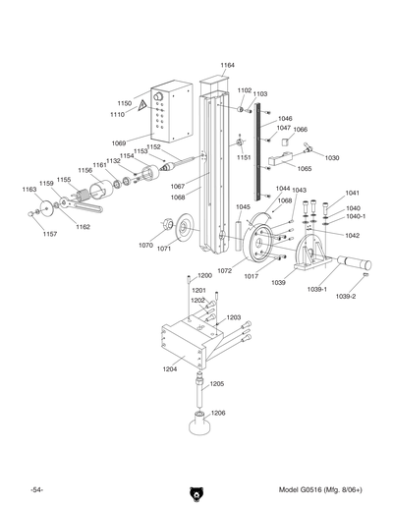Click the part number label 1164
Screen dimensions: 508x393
[x=227, y=65]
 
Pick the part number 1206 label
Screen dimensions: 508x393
[x=218, y=413]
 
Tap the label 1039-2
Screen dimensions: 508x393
[x=345, y=296]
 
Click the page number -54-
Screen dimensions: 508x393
[x=36, y=489]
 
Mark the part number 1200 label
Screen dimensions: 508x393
[x=204, y=275]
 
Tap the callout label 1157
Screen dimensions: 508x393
[x=49, y=234]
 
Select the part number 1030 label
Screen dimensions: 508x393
[x=331, y=157]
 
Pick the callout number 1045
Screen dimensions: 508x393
[x=243, y=207]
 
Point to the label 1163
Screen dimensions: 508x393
[x=29, y=189]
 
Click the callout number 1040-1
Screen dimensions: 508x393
[x=356, y=216]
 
